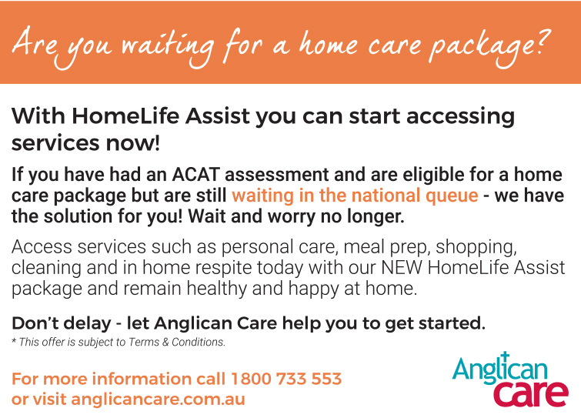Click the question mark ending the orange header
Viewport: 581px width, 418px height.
[x=543, y=44]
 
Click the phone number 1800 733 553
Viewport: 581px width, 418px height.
[x=286, y=380]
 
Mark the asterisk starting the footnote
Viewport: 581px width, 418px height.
[x=14, y=341]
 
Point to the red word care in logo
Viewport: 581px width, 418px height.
[x=530, y=392]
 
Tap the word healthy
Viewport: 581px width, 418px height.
[x=274, y=289]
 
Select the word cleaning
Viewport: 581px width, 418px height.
[x=43, y=269]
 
